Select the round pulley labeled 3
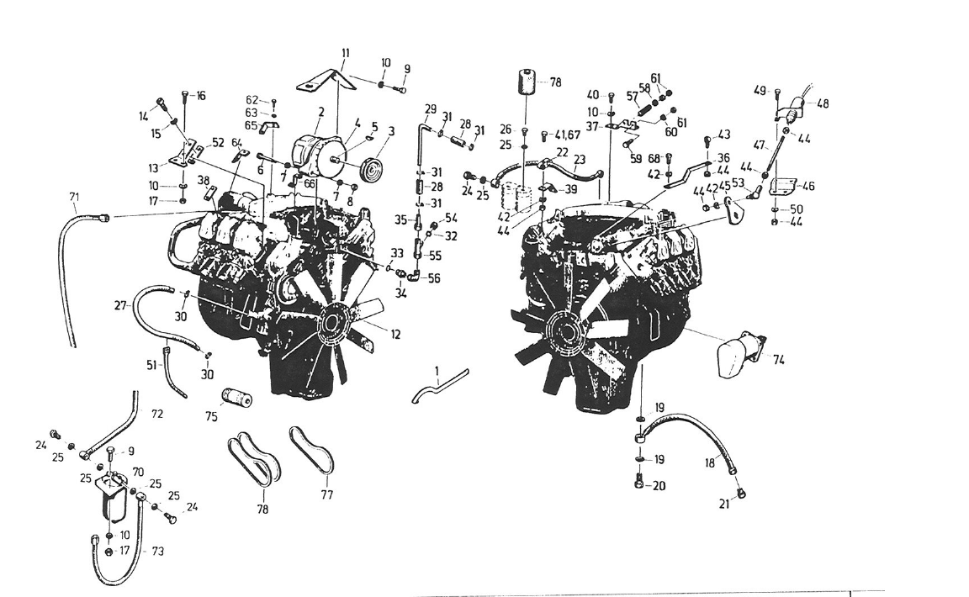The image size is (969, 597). [368, 166]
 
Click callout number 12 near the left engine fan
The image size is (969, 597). [394, 335]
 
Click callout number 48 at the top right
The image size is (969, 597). [822, 104]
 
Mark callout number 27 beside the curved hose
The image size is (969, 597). [120, 306]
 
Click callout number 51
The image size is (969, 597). [151, 364]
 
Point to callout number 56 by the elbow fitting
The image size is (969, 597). [434, 278]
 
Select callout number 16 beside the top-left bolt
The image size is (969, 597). [201, 96]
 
